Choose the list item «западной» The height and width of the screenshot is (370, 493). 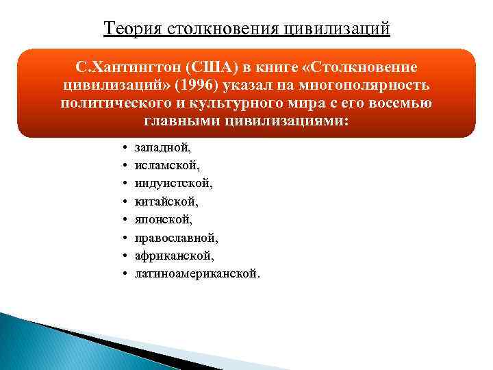160,147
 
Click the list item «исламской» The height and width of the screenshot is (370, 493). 162,165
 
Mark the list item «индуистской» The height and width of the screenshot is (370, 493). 164,184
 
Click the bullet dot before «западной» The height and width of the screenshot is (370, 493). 121,147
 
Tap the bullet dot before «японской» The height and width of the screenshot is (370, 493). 121,219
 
